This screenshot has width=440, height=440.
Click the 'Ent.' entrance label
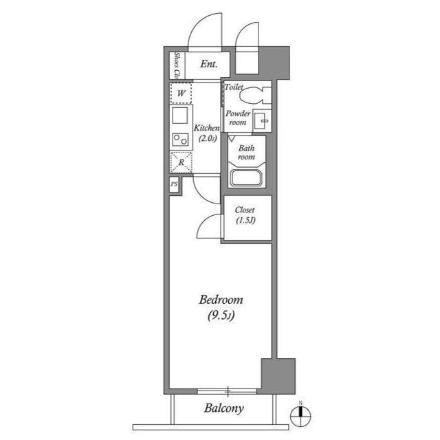(209, 65)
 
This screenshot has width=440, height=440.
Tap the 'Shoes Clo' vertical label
(177, 64)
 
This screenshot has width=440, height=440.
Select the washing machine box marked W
(181, 93)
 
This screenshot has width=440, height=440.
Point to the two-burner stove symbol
(181, 140)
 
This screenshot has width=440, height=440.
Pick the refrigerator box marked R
(181, 162)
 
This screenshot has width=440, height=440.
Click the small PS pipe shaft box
(174, 185)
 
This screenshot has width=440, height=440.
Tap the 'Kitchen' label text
(206, 129)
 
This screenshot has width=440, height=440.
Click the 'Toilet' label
(234, 88)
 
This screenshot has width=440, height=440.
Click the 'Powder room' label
(237, 118)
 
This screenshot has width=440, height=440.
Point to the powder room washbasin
(261, 120)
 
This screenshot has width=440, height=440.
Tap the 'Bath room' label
(246, 152)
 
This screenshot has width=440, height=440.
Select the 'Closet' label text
(245, 210)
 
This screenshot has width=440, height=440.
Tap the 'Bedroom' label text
(221, 300)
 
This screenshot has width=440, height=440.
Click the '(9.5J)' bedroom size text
(221, 316)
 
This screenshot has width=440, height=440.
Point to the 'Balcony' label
(223, 408)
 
